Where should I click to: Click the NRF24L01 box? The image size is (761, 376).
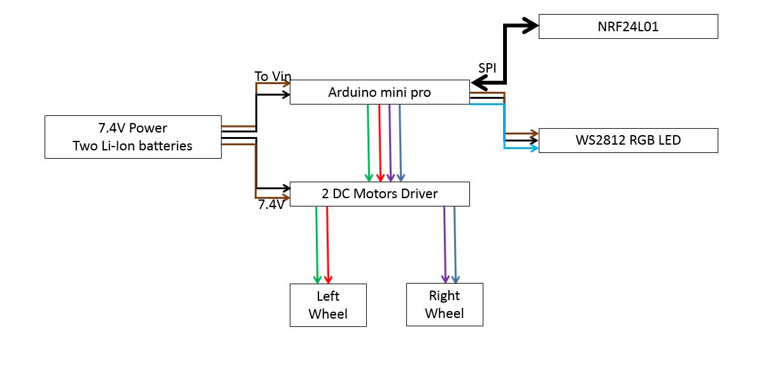[628, 27]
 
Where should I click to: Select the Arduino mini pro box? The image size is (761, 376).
[380, 92]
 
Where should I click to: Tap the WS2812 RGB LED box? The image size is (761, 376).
[628, 140]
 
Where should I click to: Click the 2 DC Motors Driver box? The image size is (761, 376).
[380, 194]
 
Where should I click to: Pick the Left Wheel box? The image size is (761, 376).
[328, 305]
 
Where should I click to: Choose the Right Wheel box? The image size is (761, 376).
[445, 305]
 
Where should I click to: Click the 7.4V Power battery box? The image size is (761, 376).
[132, 137]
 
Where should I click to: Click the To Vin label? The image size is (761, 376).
[273, 76]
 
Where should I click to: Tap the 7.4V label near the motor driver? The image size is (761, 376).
[271, 205]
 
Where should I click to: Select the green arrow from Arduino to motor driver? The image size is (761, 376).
[368, 143]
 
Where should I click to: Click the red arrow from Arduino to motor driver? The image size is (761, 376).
[380, 143]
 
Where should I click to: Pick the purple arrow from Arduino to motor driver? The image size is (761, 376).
[390, 143]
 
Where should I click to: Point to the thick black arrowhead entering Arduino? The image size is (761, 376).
[479, 83]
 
